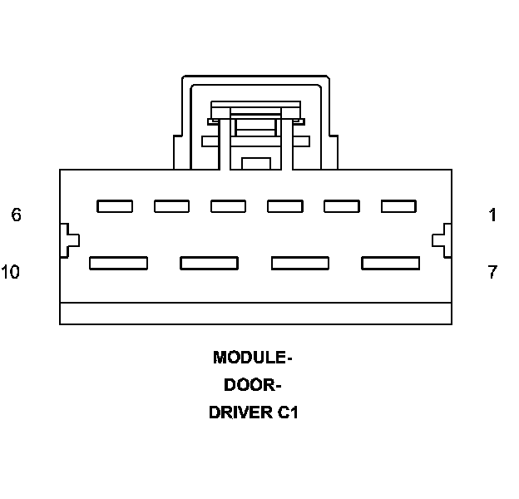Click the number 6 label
tap(16, 215)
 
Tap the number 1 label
tap(493, 215)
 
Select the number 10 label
tap(11, 272)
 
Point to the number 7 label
tap(493, 272)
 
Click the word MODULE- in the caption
tap(253, 358)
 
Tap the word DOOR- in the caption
tap(253, 385)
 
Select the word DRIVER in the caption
tap(239, 413)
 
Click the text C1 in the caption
tap(287, 413)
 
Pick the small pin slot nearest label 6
tap(114, 206)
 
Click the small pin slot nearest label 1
tap(398, 206)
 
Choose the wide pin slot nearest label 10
tap(118, 263)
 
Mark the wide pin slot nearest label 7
tap(390, 263)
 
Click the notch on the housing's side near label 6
tap(69, 240)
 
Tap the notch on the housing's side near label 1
tap(442, 240)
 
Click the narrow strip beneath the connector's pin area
tap(256, 314)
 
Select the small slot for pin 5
tap(171, 206)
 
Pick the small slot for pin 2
tap(341, 206)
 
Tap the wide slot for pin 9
tap(210, 263)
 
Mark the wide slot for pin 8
tap(300, 263)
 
